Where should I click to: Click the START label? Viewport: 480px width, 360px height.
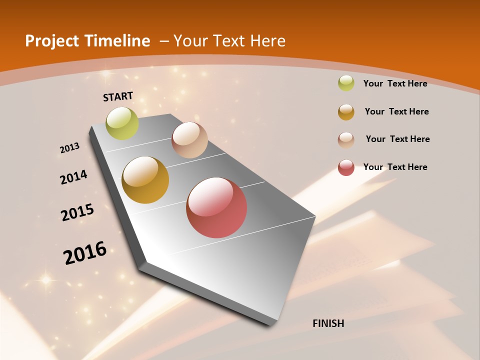click(x=118, y=96)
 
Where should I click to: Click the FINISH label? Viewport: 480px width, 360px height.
click(x=328, y=323)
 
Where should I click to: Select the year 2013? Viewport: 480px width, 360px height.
click(x=70, y=148)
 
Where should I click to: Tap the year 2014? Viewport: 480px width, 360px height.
click(x=74, y=177)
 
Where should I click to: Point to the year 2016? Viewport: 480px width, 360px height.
click(x=85, y=253)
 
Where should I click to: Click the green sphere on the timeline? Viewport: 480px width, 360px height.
click(x=122, y=123)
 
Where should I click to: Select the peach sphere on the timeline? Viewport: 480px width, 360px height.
click(x=189, y=140)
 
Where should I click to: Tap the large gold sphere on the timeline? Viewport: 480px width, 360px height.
click(x=145, y=180)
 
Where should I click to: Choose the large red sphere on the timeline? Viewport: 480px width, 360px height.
click(x=216, y=207)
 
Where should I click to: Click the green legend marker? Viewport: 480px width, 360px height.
click(x=346, y=83)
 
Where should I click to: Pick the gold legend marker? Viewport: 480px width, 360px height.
click(x=346, y=112)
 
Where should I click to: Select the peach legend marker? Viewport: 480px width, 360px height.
click(x=346, y=139)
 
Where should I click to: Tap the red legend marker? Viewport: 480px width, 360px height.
click(x=346, y=167)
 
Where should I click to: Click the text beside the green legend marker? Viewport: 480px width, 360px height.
click(x=395, y=83)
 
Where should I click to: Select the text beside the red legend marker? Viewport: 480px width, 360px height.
click(x=395, y=167)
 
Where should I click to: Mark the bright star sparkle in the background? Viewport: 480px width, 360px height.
click(x=46, y=280)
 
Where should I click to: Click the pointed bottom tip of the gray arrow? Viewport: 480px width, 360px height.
click(x=270, y=325)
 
